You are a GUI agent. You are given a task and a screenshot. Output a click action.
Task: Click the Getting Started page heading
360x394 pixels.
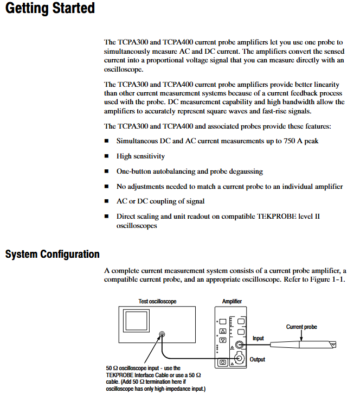point(49,9)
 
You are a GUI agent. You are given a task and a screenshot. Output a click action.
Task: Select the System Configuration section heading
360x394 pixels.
point(53,254)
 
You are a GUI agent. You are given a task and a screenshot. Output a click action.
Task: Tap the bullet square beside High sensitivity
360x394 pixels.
point(107,156)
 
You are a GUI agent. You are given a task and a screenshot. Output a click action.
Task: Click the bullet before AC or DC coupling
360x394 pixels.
point(107,201)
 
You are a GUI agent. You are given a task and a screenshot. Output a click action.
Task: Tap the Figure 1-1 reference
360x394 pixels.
point(325,279)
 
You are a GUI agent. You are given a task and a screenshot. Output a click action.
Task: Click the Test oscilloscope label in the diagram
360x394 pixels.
point(157,301)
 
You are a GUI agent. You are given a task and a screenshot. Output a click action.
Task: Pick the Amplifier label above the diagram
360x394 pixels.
point(232,301)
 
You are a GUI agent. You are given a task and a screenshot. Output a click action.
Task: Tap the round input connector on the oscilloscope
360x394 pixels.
point(162,335)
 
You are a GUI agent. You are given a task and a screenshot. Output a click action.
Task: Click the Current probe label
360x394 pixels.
point(301,327)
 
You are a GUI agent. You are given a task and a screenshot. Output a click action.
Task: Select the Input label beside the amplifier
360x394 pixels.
point(259,338)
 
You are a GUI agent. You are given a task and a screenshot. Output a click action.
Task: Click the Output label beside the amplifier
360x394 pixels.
point(258,359)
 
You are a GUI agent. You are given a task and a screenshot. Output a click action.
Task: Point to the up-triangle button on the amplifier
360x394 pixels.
point(222,331)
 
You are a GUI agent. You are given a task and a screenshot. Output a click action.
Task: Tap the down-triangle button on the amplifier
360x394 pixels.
point(222,340)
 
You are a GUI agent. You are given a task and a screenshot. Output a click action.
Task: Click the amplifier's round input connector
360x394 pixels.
point(239,344)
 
